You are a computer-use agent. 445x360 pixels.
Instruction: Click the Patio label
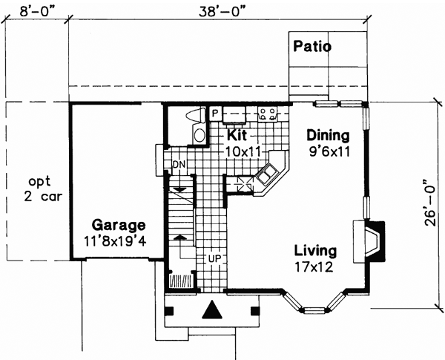pos(311,46)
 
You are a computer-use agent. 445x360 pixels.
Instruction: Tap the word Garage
pos(119,225)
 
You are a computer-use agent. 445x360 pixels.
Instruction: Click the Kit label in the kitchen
pos(237,136)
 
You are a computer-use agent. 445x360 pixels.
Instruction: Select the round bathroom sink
pos(200,135)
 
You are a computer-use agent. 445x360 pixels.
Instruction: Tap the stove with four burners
pos(267,114)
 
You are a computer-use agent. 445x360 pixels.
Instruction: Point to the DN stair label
pos(179,164)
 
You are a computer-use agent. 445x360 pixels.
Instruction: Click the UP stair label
pos(214,258)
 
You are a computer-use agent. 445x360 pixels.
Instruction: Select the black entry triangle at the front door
pos(212,310)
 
